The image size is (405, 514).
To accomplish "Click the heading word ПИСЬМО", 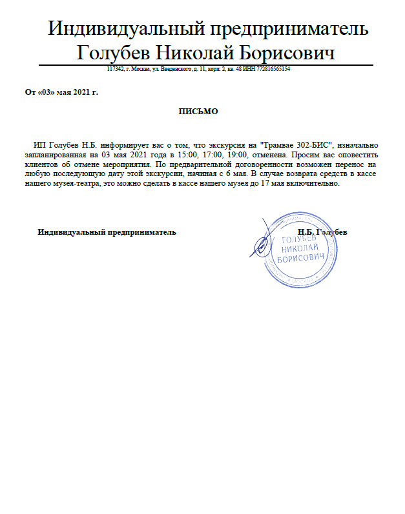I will point(198,112).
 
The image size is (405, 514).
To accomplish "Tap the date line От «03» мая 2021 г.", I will point(61,92).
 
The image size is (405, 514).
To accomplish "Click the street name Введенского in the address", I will point(174,69).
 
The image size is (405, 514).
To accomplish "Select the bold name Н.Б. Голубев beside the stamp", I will point(322,232).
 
